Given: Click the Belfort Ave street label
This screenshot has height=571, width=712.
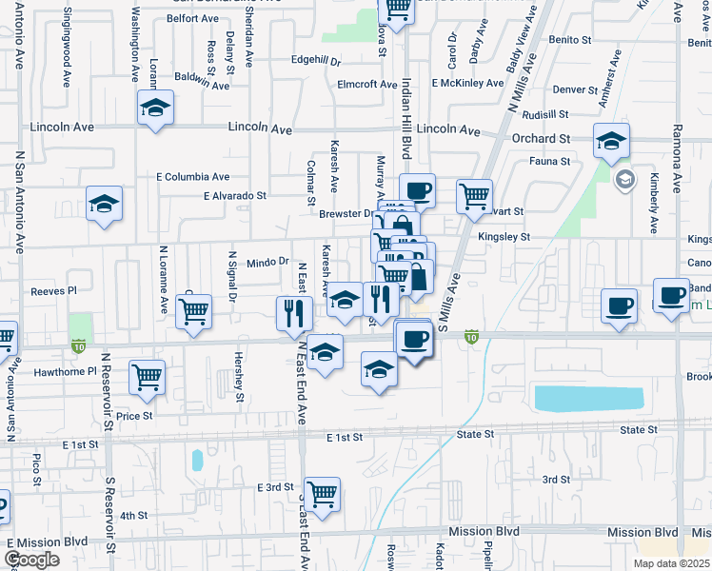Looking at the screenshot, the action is coord(193,18).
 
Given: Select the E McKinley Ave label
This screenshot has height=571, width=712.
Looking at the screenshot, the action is coord(466,84).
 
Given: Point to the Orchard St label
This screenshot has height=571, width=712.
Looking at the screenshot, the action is coord(540,138).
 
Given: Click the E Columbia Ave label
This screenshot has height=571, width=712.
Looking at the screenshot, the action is coord(193,177).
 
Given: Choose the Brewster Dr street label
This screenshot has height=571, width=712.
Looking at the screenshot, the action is coord(346,214).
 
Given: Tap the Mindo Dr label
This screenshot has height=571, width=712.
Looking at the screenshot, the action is coord(267,261).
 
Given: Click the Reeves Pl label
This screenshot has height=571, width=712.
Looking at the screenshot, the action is coord(52,291).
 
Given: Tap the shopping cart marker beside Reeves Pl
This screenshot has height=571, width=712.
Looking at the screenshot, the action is coord(194,310).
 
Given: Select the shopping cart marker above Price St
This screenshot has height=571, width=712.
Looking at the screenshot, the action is coord(148,377).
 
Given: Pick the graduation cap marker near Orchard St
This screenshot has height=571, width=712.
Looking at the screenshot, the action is coord(611,143).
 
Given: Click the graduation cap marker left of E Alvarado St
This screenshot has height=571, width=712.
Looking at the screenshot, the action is coord(105,204).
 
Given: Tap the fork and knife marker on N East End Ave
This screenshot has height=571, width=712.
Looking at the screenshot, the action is coord(293,313).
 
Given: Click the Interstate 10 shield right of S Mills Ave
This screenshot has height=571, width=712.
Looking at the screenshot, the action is coord(471,337).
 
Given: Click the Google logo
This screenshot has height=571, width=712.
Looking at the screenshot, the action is coord(31,560).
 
